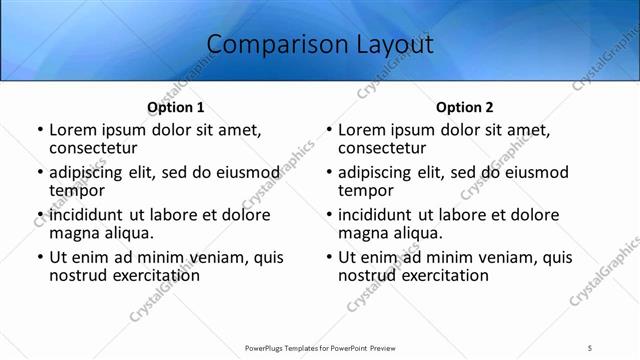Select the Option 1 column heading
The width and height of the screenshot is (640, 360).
click(176, 107)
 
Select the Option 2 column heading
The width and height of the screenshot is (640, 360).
click(465, 107)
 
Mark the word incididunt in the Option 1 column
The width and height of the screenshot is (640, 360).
click(86, 215)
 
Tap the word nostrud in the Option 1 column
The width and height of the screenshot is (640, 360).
click(78, 275)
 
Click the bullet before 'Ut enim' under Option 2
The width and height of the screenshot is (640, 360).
click(328, 257)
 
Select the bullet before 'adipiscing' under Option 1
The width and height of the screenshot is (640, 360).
click(39, 172)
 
